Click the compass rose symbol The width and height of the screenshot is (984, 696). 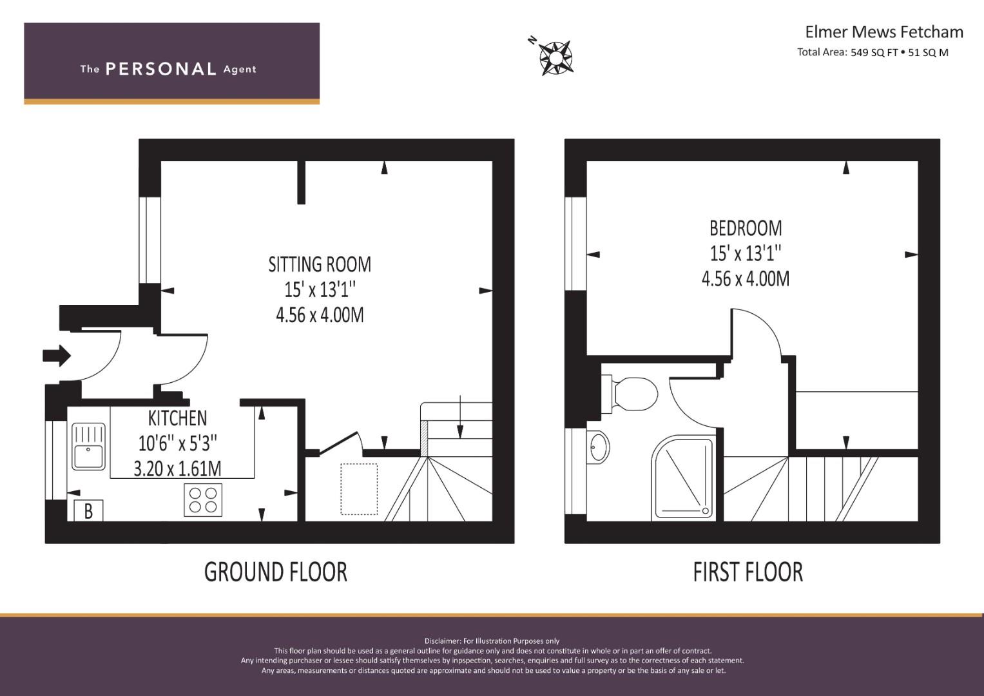point(555,57)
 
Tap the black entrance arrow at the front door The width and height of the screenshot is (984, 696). point(57,355)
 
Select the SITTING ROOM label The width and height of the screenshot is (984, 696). point(320,264)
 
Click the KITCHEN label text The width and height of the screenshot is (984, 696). point(177,418)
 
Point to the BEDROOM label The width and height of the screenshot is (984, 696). point(746,228)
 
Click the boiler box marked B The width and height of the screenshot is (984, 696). point(88,511)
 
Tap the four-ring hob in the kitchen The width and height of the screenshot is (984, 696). point(203,500)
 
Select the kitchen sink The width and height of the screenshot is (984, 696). point(88,446)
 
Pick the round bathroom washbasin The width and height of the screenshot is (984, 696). point(599,447)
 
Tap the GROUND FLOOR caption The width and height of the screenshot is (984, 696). point(275,572)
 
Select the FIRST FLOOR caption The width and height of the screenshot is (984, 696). point(748,572)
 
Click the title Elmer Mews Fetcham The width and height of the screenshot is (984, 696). point(883,32)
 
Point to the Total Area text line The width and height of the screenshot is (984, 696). point(873,53)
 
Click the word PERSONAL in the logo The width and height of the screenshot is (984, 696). point(160,69)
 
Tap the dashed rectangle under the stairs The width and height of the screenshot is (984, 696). point(359,489)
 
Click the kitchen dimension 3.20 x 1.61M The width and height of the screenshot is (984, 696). point(177,469)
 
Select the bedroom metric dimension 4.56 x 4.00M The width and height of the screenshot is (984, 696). point(746,279)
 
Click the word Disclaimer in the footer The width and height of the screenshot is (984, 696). point(442,641)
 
